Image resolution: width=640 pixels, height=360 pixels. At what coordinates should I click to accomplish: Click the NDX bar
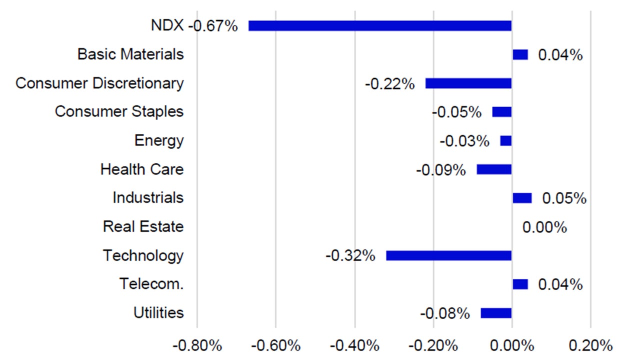(x=380, y=25)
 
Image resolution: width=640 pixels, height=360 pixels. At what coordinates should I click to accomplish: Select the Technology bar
(x=448, y=255)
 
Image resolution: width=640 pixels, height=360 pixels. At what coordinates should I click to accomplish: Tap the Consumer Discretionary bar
(x=468, y=83)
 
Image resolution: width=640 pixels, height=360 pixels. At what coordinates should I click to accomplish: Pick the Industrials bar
(x=522, y=198)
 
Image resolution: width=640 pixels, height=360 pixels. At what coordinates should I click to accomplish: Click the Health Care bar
(x=494, y=169)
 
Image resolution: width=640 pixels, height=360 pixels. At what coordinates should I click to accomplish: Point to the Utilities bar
(x=496, y=313)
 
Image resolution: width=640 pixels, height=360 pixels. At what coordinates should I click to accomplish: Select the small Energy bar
(x=506, y=141)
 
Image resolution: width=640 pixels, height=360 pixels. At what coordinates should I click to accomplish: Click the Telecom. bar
(x=520, y=284)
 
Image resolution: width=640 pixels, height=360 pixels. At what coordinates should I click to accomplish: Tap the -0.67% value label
(x=213, y=26)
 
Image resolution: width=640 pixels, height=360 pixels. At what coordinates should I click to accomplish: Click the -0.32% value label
(x=350, y=256)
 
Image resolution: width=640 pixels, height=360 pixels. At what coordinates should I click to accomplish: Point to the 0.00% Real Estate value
(x=544, y=228)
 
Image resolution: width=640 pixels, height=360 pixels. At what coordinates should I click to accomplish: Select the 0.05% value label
(x=564, y=198)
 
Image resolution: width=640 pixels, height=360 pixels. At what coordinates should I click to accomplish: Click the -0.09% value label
(x=440, y=170)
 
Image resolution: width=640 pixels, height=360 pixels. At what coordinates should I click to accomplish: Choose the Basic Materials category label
(x=130, y=54)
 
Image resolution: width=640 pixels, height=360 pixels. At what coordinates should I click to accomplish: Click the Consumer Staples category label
(x=119, y=111)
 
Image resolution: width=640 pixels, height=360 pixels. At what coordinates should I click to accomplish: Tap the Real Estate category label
(x=143, y=226)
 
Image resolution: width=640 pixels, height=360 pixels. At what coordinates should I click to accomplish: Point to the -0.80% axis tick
(x=197, y=345)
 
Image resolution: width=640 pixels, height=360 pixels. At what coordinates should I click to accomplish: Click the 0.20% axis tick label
(x=590, y=345)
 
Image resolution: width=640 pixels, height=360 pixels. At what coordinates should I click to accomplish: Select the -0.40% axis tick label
(x=354, y=345)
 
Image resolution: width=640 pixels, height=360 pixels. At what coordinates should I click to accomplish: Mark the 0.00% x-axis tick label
(x=511, y=345)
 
